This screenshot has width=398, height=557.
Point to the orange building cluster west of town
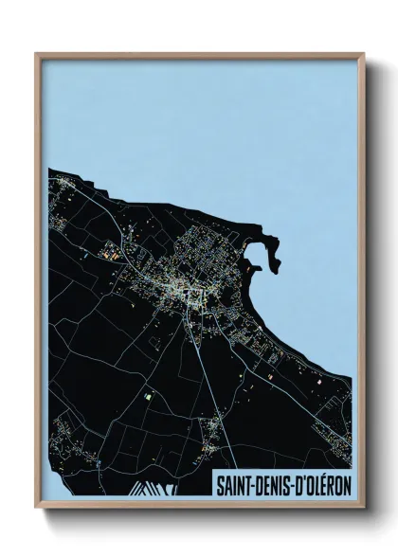tap(111, 254)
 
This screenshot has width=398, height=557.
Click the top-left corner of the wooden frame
tap(36, 54)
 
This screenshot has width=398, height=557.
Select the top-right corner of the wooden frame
tap(364, 54)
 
